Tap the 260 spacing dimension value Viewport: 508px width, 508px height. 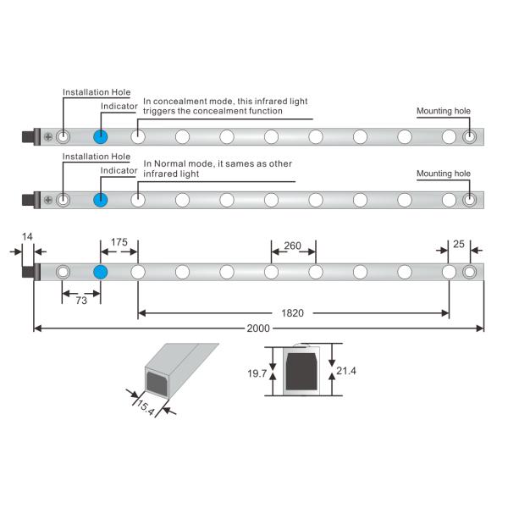click(293, 246)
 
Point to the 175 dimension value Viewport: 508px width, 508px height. click(119, 243)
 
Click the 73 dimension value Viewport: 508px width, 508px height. click(81, 301)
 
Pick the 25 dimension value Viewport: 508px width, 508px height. click(458, 243)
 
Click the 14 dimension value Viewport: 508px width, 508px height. click(28, 238)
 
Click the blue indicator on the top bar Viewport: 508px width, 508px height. click(101, 136)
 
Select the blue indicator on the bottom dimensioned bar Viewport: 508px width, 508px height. click(101, 272)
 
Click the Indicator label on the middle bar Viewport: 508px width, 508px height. click(119, 170)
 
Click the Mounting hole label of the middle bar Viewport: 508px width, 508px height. click(444, 174)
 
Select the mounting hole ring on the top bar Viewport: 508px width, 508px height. click(471, 136)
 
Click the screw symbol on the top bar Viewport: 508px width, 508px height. click(48, 136)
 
